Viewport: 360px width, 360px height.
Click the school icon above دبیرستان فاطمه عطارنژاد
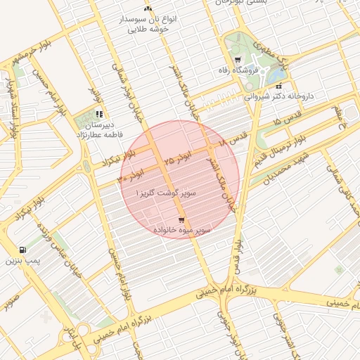(99, 113)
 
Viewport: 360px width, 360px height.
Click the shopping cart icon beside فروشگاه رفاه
(238, 60)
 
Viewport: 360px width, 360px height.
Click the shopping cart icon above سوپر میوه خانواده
(181, 219)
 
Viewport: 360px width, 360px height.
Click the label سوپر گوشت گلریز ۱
(167, 192)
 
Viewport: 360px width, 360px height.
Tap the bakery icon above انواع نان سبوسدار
(148, 8)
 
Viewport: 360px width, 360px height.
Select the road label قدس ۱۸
(233, 138)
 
